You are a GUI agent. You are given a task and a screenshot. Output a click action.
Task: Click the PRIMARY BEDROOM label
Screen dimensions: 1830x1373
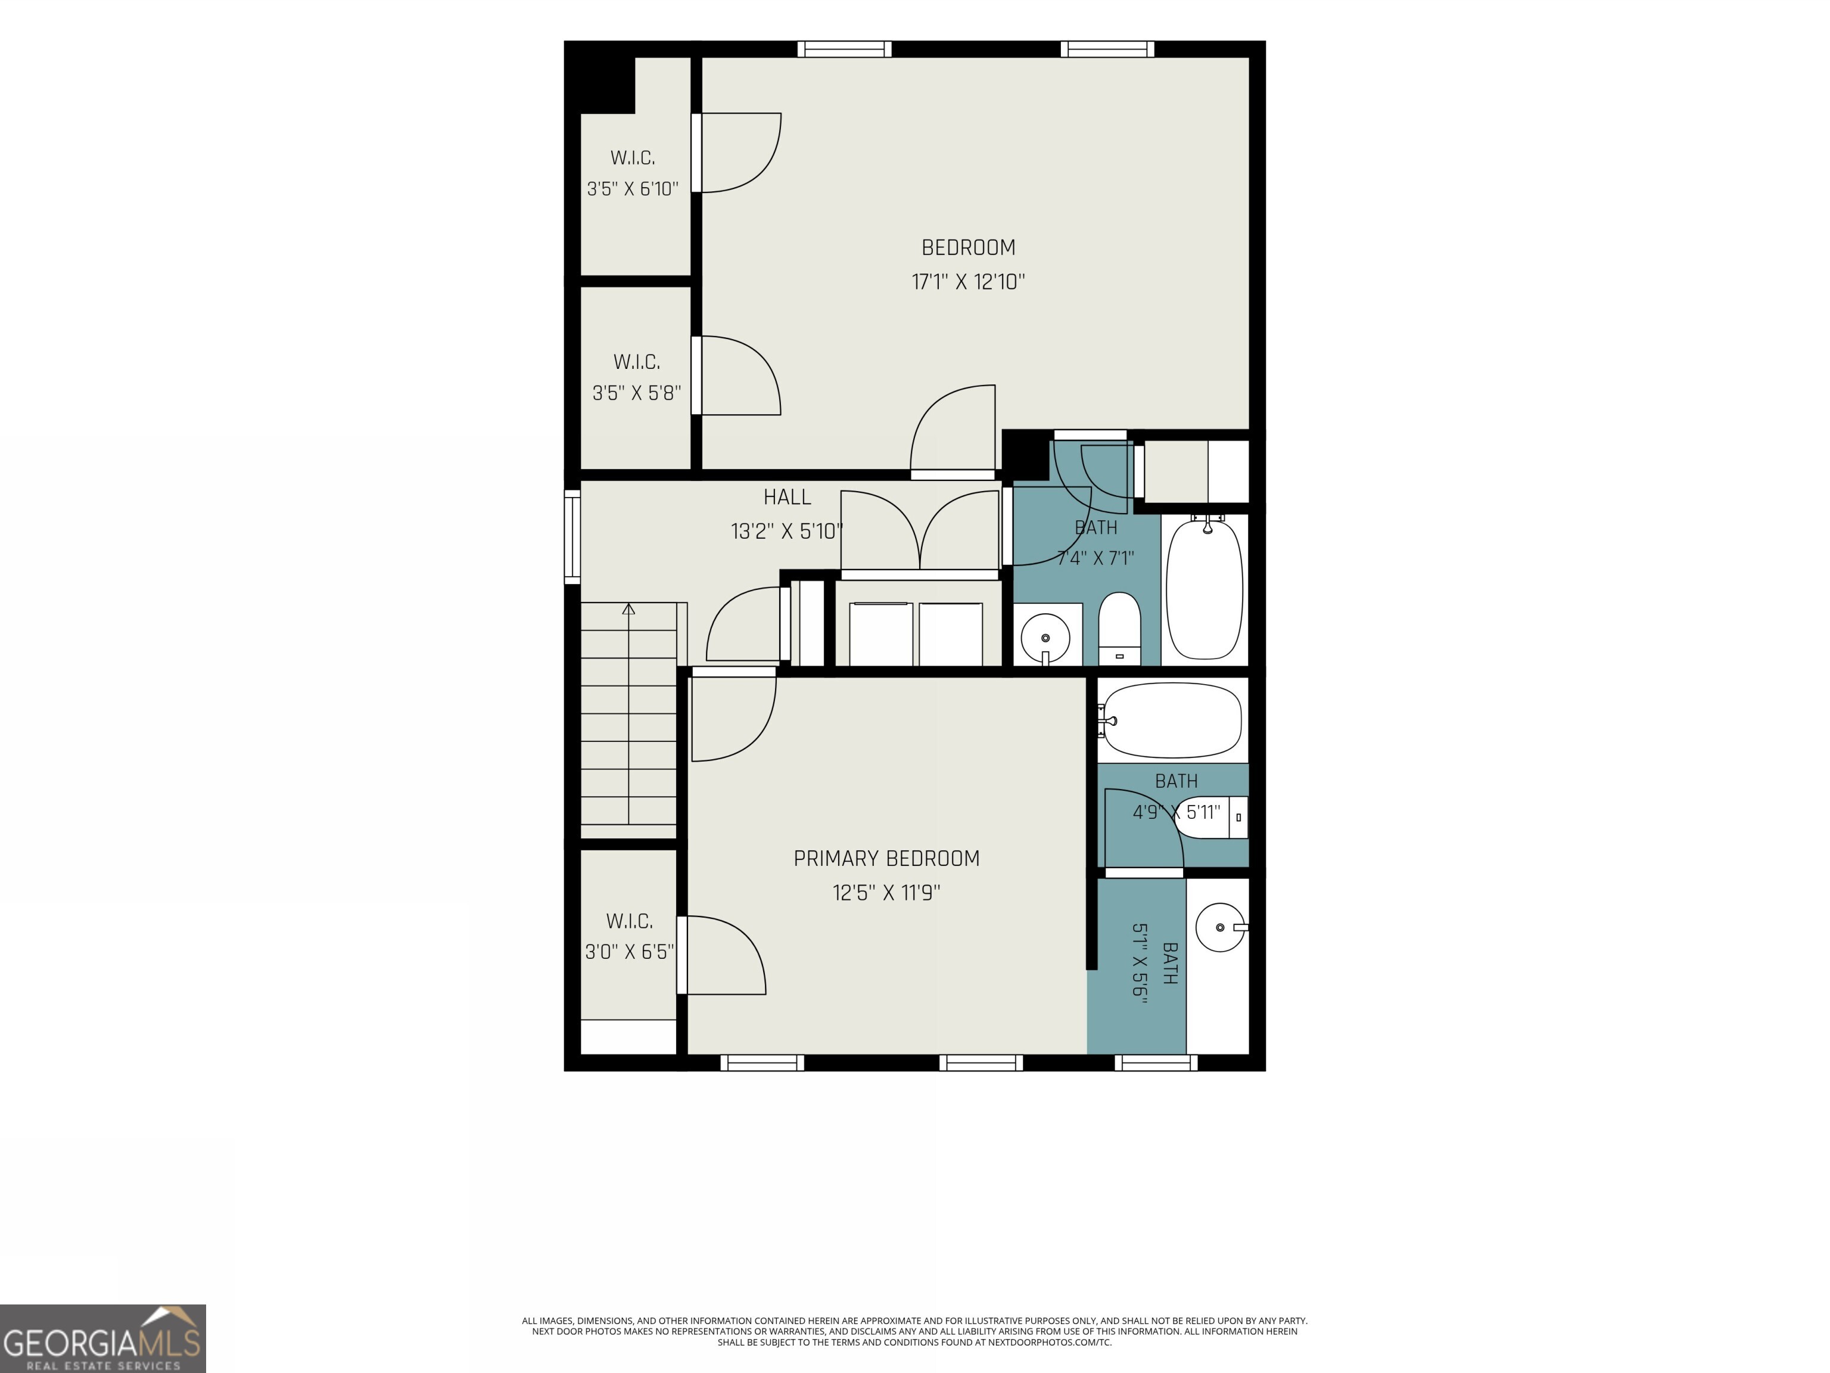click(886, 858)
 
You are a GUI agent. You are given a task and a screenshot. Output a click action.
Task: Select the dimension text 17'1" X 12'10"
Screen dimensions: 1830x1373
click(968, 281)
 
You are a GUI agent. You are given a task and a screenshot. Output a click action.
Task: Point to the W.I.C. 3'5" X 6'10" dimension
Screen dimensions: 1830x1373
click(633, 189)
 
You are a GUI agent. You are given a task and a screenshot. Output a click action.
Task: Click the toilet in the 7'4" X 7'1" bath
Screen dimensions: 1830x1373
click(1119, 628)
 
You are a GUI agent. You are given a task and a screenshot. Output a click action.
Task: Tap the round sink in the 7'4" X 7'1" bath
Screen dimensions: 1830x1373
click(1045, 638)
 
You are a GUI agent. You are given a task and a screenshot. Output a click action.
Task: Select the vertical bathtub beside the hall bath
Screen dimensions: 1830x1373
click(1204, 587)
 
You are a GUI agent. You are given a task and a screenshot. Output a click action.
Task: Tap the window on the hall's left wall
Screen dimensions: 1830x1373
click(572, 536)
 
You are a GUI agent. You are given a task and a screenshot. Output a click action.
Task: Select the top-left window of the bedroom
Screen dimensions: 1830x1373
click(845, 49)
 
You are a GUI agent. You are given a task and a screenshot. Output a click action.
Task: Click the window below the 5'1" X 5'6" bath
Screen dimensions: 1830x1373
click(1156, 1063)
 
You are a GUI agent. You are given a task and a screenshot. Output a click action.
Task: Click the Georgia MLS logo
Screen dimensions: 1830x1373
click(102, 1338)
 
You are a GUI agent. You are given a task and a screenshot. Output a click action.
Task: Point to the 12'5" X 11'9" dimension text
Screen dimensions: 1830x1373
click(886, 892)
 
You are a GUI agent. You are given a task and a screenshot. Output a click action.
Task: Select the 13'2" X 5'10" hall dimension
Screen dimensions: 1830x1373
click(787, 530)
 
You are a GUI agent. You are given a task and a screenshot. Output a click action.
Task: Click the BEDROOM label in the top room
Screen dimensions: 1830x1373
click(968, 247)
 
